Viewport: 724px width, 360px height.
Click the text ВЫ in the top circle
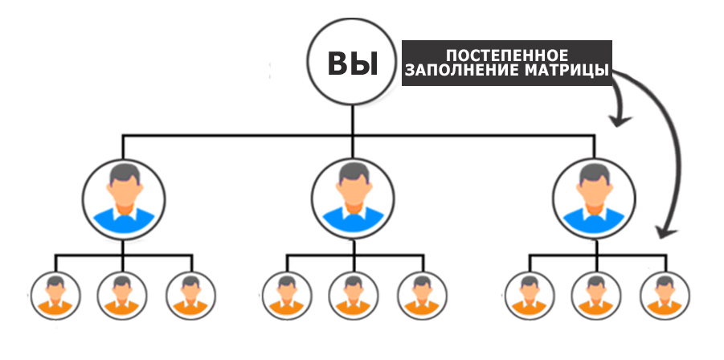point(352,63)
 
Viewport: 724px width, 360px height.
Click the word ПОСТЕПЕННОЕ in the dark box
point(507,55)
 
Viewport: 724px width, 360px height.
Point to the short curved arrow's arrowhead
point(620,121)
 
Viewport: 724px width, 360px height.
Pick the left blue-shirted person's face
point(125,191)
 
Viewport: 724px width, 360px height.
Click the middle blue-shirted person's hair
point(354,173)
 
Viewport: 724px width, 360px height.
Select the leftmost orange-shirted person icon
point(55,296)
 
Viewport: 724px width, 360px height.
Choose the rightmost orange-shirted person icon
point(665,296)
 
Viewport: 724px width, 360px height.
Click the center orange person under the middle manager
point(354,296)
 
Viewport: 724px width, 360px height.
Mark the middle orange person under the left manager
point(122,296)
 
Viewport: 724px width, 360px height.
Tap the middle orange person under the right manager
point(596,296)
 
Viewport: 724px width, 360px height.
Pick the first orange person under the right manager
point(530,296)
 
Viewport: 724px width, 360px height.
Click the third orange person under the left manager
point(190,296)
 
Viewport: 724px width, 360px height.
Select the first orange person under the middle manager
point(287,296)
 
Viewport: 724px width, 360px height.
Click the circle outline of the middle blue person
point(312,198)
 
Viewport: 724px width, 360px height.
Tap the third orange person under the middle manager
point(422,296)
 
